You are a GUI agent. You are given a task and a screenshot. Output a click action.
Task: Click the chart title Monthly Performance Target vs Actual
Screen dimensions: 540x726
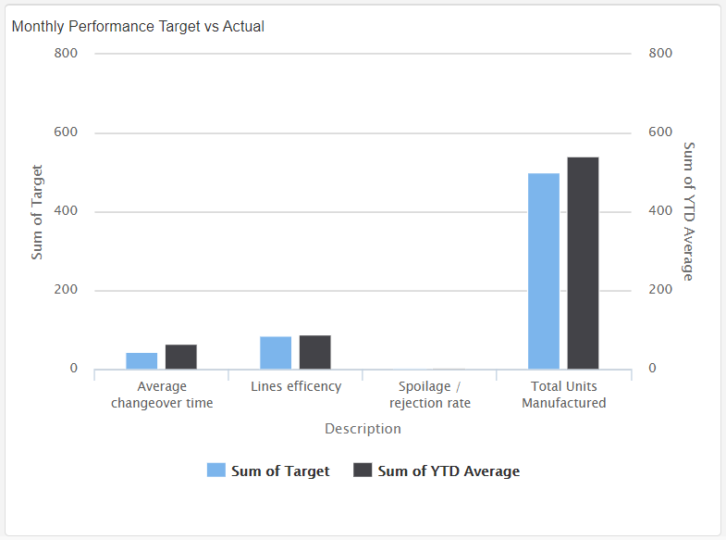click(x=138, y=27)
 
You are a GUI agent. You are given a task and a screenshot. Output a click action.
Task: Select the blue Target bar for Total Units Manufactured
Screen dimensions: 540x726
click(x=544, y=270)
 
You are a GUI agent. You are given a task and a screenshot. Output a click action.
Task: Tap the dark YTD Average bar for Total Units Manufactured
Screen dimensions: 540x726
click(x=583, y=263)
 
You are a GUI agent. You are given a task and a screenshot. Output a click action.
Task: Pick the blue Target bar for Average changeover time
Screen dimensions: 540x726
click(x=142, y=360)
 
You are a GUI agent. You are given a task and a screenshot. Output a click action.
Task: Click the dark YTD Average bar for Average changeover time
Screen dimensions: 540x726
click(x=181, y=357)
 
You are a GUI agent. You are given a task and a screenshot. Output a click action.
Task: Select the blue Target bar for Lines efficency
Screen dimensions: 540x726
click(x=276, y=352)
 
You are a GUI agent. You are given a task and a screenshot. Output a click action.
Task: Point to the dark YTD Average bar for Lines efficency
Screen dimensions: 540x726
click(x=315, y=352)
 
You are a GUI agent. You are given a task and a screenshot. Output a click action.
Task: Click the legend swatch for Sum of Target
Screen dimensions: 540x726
click(x=216, y=471)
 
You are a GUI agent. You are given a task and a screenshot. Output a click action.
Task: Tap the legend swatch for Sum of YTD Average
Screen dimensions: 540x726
click(x=363, y=471)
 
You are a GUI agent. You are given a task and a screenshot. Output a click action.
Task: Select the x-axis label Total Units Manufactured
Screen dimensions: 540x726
click(x=564, y=395)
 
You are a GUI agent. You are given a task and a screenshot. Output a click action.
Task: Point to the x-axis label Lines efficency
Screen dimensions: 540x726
click(x=296, y=386)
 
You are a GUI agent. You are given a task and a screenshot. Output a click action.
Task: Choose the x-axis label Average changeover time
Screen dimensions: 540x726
click(x=162, y=395)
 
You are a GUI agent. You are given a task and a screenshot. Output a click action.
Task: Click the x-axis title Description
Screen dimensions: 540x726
click(x=363, y=429)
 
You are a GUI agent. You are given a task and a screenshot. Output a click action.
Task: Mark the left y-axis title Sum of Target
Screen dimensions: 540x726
click(x=37, y=212)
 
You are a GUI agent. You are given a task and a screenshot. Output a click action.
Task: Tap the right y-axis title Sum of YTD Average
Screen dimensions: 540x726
click(x=688, y=211)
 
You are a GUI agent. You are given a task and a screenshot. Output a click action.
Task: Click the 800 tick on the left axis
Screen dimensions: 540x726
click(x=67, y=54)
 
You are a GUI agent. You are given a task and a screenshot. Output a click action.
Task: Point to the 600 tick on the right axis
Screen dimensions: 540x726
click(x=660, y=132)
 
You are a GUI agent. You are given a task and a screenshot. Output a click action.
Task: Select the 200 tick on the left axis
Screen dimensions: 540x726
click(x=67, y=290)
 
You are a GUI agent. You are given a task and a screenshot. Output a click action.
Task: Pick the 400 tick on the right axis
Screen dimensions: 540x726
click(x=660, y=211)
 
